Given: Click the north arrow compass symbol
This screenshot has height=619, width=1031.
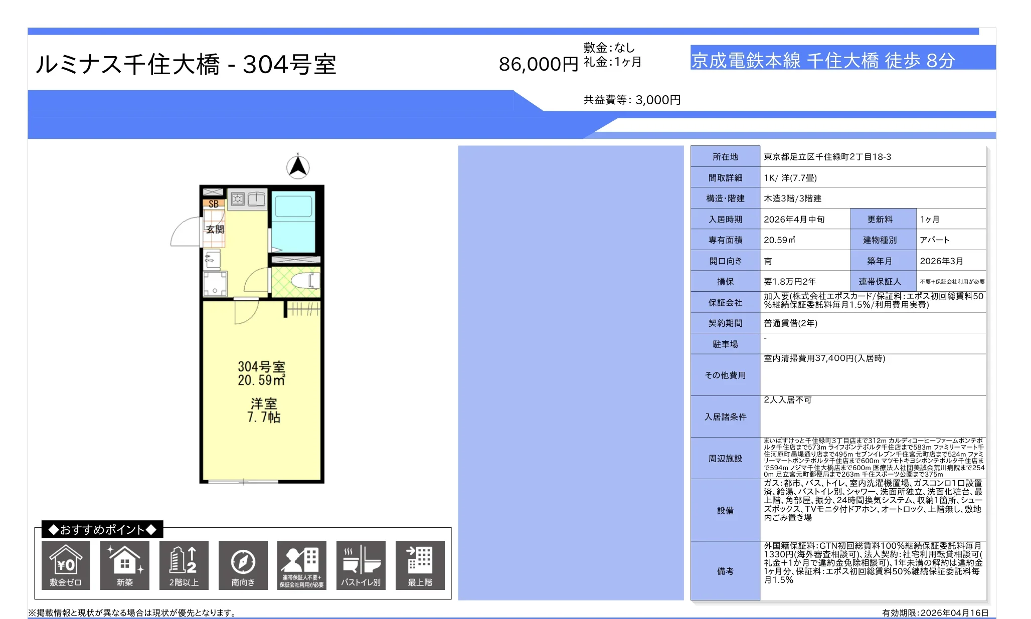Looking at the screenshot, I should pyautogui.click(x=298, y=167).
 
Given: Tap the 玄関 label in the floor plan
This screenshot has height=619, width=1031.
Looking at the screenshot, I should pyautogui.click(x=215, y=230).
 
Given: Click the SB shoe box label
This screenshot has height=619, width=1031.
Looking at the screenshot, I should pyautogui.click(x=214, y=204).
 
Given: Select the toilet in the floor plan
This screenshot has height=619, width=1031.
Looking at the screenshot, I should pyautogui.click(x=304, y=281).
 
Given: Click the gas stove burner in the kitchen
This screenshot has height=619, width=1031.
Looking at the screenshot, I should pyautogui.click(x=238, y=199).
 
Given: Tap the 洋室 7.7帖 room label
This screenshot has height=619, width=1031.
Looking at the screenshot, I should pyautogui.click(x=264, y=410).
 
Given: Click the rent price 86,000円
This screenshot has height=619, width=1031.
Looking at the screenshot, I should pyautogui.click(x=538, y=64).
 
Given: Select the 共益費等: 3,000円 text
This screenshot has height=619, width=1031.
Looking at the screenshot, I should pyautogui.click(x=632, y=100).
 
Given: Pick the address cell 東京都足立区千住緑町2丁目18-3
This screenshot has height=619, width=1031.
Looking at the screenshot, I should pyautogui.click(x=827, y=157).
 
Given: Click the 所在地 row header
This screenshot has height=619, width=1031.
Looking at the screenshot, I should pyautogui.click(x=725, y=157).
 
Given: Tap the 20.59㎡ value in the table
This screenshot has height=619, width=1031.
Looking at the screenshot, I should pyautogui.click(x=779, y=240).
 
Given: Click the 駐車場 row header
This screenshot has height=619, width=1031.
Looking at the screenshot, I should pyautogui.click(x=725, y=344).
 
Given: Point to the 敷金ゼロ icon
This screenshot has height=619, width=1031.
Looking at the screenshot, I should pyautogui.click(x=66, y=565).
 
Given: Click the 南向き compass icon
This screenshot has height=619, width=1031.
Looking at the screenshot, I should pyautogui.click(x=243, y=565).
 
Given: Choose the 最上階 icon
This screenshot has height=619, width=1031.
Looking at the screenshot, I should pyautogui.click(x=420, y=565).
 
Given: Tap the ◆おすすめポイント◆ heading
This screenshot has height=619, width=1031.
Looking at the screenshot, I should pyautogui.click(x=102, y=529).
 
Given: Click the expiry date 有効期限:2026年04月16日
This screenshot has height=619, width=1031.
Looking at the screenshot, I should pyautogui.click(x=935, y=612).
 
